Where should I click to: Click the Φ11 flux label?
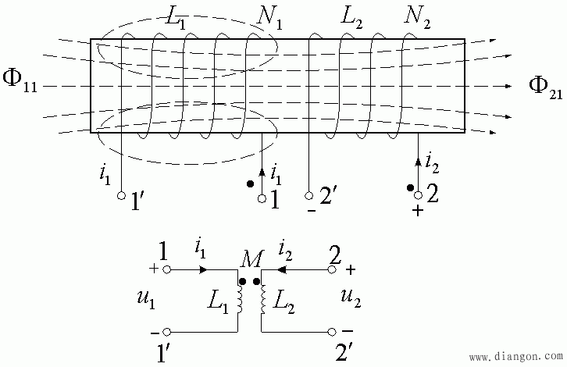[x=20, y=81]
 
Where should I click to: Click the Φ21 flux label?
[x=546, y=88]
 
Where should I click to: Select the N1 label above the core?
[x=269, y=17]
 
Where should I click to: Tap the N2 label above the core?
[x=417, y=17]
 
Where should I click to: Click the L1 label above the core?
[x=176, y=17]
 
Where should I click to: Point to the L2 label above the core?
[x=351, y=17]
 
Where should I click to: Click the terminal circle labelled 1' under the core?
[x=122, y=196]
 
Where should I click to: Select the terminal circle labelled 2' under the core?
[x=308, y=196]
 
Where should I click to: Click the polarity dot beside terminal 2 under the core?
[x=410, y=187]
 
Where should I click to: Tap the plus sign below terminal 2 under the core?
[x=418, y=210]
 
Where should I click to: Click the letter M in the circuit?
[x=251, y=259]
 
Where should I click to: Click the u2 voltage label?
[x=351, y=298]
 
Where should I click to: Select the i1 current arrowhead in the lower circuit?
[x=205, y=269]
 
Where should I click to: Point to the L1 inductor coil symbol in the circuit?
[x=240, y=299]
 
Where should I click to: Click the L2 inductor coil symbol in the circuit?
[x=263, y=299]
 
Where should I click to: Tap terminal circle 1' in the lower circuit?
[x=166, y=332]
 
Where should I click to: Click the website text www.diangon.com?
[x=516, y=357]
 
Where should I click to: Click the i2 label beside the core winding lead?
[x=431, y=162]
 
